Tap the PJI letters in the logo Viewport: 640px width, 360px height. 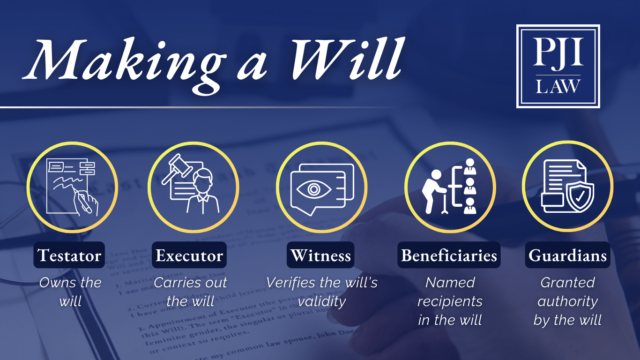[558, 52]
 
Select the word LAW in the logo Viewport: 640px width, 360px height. [558, 86]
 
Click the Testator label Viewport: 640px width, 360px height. [69, 255]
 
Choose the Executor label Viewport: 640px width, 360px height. [189, 255]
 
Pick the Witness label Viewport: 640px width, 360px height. [321, 255]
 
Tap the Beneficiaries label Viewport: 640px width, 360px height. [449, 255]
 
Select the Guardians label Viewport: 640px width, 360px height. [567, 255]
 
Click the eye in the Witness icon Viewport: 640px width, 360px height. [313, 190]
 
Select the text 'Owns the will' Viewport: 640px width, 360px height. [70, 292]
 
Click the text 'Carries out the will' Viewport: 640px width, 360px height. [190, 292]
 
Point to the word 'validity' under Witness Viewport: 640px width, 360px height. [322, 301]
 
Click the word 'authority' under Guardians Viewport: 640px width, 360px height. [567, 301]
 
